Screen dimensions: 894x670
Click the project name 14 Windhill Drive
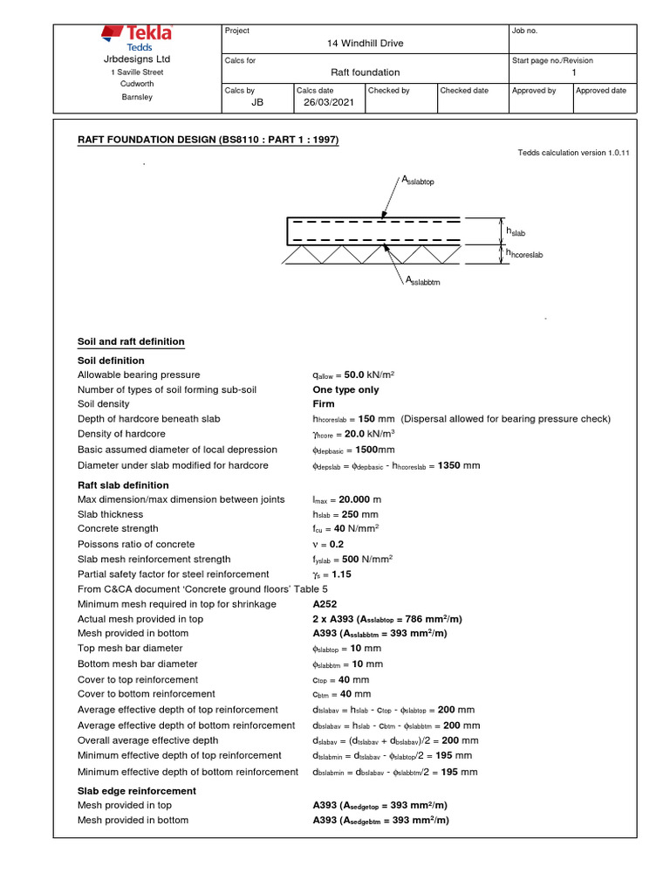coord(365,44)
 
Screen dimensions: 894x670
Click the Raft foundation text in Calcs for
coord(365,72)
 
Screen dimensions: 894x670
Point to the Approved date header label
coord(601,91)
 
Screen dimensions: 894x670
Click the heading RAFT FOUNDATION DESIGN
coord(209,140)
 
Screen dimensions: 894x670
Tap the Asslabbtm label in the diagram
coord(422,281)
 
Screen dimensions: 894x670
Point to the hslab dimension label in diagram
coord(516,232)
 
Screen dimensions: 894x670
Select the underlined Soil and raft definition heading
coord(131,341)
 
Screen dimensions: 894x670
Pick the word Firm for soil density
coord(324,404)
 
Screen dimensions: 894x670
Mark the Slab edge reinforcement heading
coord(137,791)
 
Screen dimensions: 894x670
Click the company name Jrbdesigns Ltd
coord(137,58)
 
